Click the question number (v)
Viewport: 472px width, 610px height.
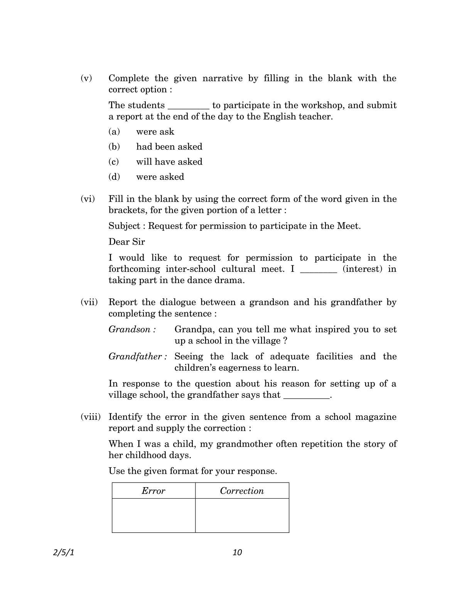[x=86, y=78]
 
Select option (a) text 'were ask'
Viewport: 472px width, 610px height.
[x=155, y=132]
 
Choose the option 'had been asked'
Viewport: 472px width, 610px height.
[x=169, y=147]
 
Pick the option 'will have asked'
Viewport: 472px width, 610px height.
[x=169, y=162]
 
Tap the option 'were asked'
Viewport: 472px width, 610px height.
[x=160, y=177]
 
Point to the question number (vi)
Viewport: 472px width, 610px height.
[x=88, y=199]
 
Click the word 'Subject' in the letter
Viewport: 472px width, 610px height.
[x=124, y=226]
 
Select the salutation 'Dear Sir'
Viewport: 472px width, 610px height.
[x=126, y=242]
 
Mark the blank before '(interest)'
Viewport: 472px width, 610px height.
[x=319, y=270]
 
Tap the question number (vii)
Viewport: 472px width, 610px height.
[x=89, y=302]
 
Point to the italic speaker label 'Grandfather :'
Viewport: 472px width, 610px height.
[x=137, y=356]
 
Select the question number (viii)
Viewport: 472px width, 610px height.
[x=90, y=417]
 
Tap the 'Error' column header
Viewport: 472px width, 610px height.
[x=153, y=491]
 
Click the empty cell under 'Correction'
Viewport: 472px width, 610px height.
[x=242, y=515]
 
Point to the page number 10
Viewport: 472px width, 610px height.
[x=237, y=552]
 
